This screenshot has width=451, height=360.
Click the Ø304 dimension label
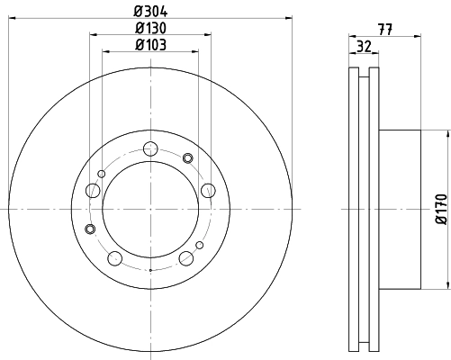pyautogui.click(x=150, y=12)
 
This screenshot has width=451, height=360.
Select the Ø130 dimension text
pyautogui.click(x=150, y=28)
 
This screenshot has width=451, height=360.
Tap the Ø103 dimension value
pyautogui.click(x=150, y=45)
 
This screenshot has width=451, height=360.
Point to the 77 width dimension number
pyautogui.click(x=385, y=30)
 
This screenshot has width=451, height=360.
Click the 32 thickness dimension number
pyautogui.click(x=364, y=47)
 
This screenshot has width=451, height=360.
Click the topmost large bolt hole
pyautogui.click(x=150, y=148)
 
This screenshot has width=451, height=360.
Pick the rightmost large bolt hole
pyautogui.click(x=208, y=190)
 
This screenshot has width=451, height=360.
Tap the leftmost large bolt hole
pyautogui.click(x=93, y=190)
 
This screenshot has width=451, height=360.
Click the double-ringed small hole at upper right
pyautogui.click(x=188, y=157)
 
